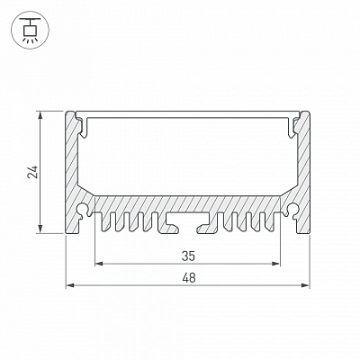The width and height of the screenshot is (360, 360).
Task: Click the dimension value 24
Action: [32, 172]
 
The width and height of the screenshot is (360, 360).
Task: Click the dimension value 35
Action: [188, 256]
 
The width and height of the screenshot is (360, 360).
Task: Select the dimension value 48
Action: [189, 278]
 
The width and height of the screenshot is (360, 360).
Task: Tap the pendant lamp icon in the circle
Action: [30, 31]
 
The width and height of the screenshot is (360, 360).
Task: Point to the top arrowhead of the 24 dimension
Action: [40, 115]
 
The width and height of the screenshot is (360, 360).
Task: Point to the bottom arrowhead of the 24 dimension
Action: [40, 229]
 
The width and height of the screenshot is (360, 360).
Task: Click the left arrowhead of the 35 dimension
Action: [99, 264]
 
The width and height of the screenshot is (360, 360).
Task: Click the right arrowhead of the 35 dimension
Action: [275, 264]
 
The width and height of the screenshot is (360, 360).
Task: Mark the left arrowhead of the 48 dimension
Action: [70, 285]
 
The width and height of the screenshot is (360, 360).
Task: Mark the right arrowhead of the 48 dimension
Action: [305, 285]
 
